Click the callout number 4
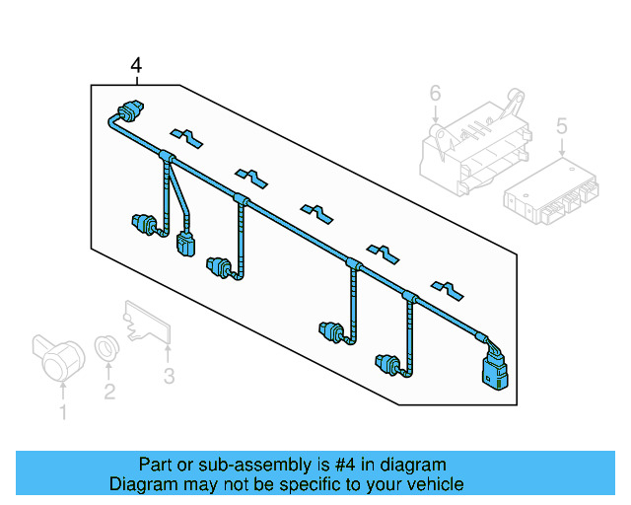pos(136,65)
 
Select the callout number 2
pos(109,392)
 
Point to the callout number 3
pos(169,376)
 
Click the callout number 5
pos(561,125)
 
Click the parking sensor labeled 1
pos(57,356)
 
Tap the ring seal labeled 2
pos(105,347)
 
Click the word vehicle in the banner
pos(431,484)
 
